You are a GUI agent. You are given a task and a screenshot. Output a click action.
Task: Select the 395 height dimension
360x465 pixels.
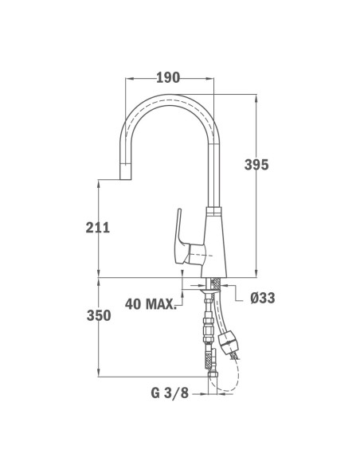(256, 165)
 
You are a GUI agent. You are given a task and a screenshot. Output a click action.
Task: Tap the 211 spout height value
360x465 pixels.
(96, 228)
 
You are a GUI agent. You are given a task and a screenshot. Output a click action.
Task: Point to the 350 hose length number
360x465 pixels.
(97, 316)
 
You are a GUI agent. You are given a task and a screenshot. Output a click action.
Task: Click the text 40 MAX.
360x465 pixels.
(151, 303)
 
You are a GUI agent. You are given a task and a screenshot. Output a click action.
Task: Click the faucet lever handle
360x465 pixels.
(179, 235)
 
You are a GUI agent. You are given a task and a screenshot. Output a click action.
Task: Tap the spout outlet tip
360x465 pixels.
(125, 176)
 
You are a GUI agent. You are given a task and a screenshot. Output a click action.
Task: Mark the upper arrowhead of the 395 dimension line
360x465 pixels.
(256, 98)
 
